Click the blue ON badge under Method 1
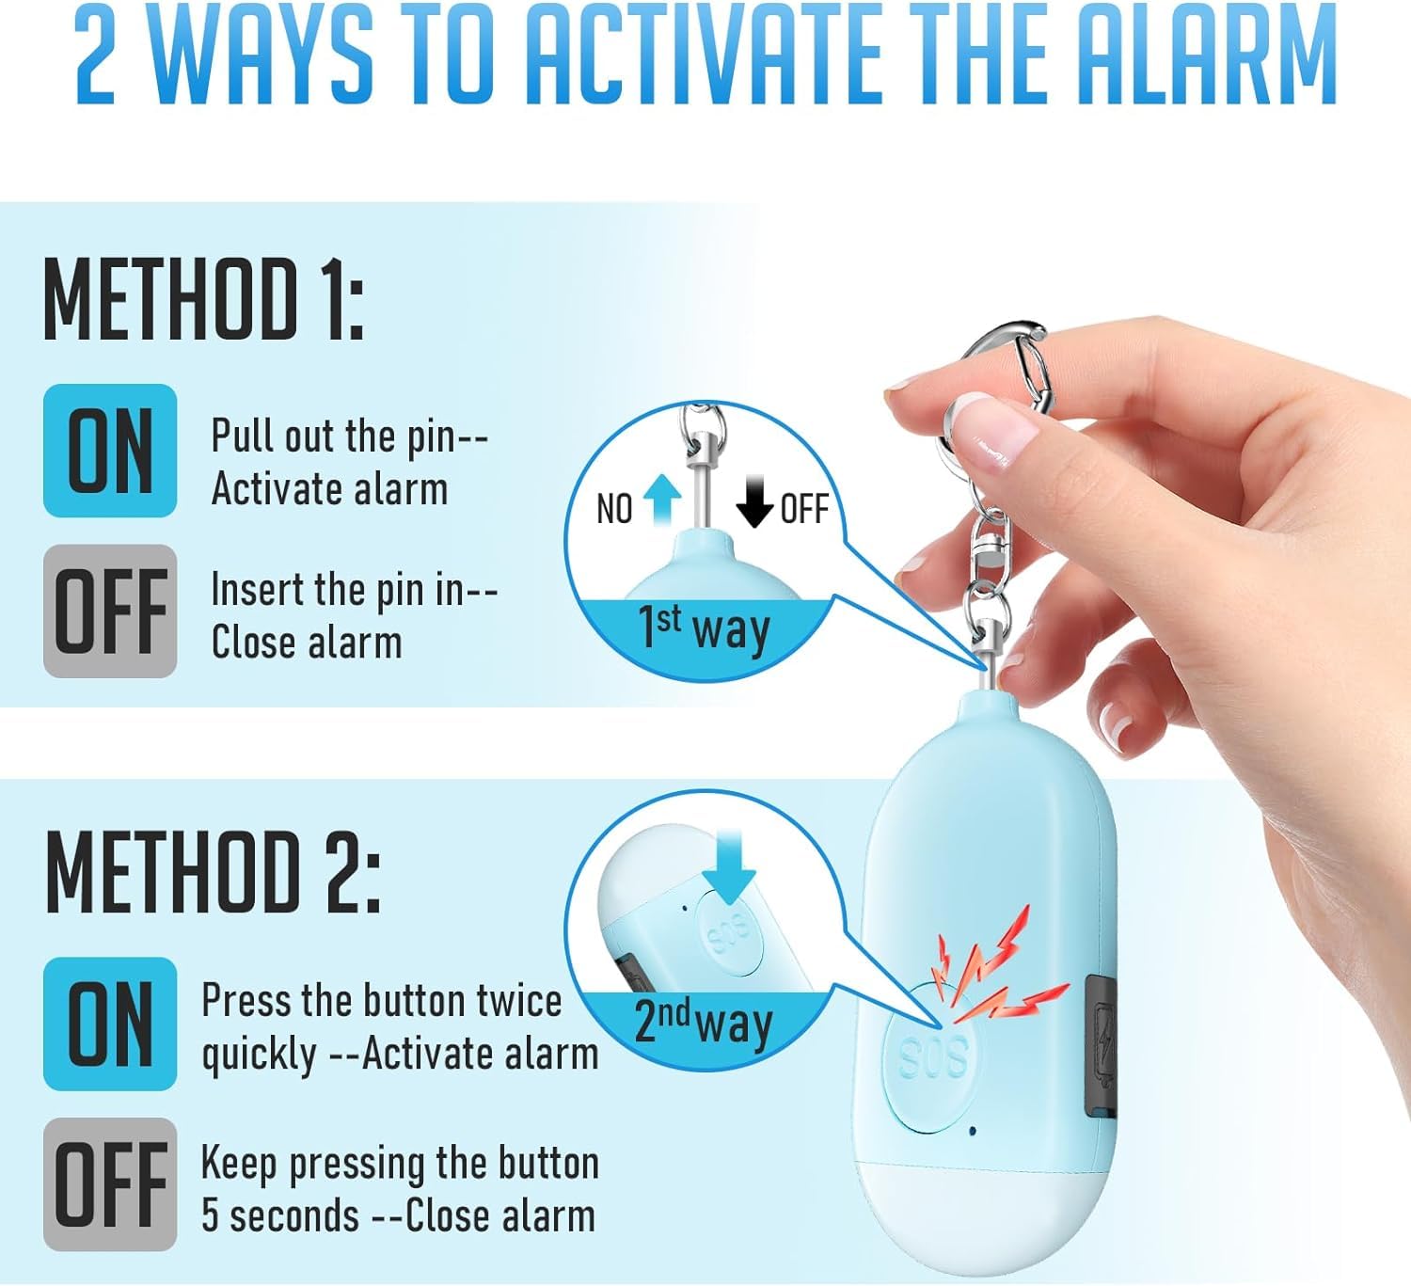pyautogui.click(x=110, y=451)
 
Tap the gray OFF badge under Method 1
pyautogui.click(x=110, y=611)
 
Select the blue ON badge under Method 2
pyautogui.click(x=110, y=1024)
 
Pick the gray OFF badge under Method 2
pyautogui.click(x=110, y=1184)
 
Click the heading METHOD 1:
pyautogui.click(x=203, y=300)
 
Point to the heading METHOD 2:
pyautogui.click(x=213, y=873)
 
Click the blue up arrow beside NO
pyautogui.click(x=663, y=500)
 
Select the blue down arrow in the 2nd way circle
pyautogui.click(x=728, y=865)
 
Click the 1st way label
pyautogui.click(x=704, y=627)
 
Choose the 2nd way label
pyautogui.click(x=703, y=1022)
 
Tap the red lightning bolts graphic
pyautogui.click(x=997, y=974)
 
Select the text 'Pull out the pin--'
pyautogui.click(x=349, y=437)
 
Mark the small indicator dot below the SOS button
pyautogui.click(x=973, y=1130)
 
